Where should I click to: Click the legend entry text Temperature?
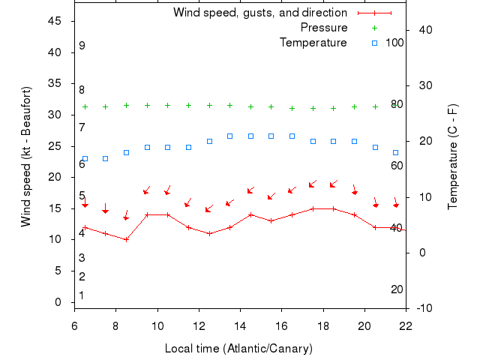(313, 43)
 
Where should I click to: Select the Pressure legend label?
(324, 28)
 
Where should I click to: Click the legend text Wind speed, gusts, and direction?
(260, 13)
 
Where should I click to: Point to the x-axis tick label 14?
(240, 326)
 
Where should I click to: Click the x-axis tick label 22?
(406, 326)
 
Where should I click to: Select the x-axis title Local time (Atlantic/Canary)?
(238, 349)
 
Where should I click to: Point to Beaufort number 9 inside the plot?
(82, 46)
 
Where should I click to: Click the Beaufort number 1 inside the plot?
(82, 295)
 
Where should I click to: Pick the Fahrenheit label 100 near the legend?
(394, 43)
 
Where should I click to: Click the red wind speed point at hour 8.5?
(126, 240)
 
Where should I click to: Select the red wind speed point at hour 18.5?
(334, 208)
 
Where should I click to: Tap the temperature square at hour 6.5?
(85, 159)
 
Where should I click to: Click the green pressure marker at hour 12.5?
(209, 106)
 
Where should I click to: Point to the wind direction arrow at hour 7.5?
(106, 208)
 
